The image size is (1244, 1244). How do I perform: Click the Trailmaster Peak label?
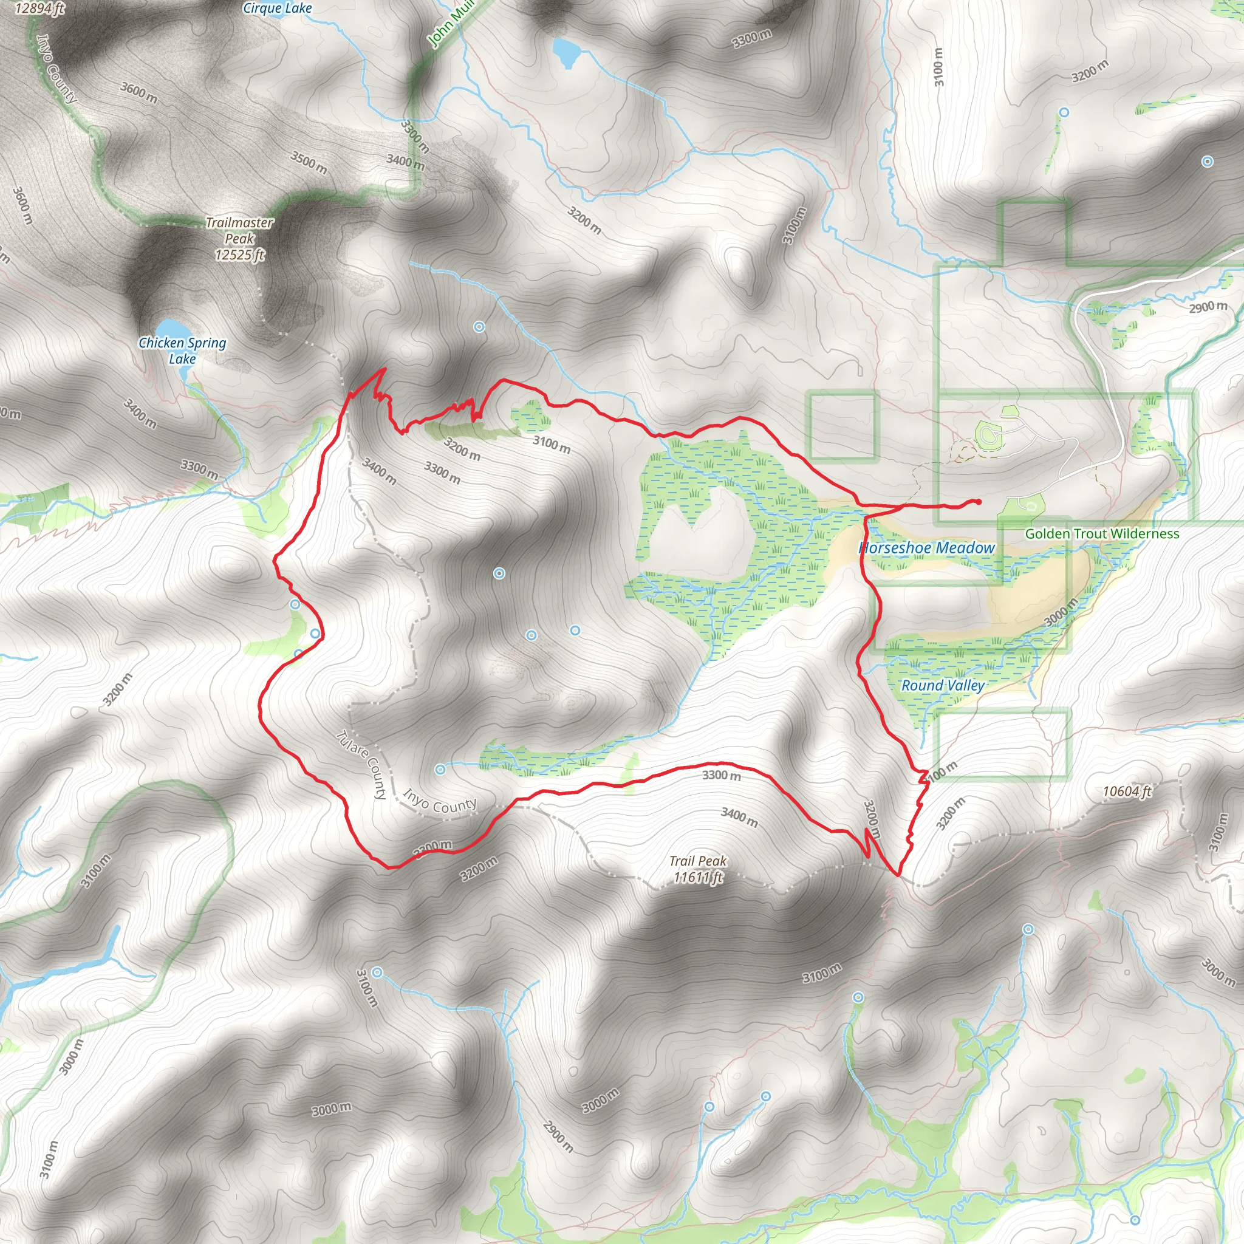(239, 238)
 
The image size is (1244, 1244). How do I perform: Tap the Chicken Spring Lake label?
(182, 351)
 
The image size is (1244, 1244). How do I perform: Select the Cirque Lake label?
(277, 9)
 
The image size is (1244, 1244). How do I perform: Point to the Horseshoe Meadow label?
(926, 548)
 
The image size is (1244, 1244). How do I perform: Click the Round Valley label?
(943, 685)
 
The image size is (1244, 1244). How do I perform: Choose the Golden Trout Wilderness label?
(1102, 534)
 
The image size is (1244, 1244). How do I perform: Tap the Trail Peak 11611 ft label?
(698, 869)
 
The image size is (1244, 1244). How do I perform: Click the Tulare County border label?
(362, 764)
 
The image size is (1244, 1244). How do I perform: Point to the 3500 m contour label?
(309, 162)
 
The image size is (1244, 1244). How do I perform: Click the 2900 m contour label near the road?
(1208, 307)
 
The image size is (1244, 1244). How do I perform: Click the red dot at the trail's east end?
(978, 502)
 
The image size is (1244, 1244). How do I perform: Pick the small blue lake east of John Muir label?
(566, 52)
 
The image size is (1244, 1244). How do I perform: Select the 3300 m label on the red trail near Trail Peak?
(721, 775)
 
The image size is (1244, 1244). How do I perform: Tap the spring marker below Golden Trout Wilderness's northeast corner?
(1208, 162)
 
